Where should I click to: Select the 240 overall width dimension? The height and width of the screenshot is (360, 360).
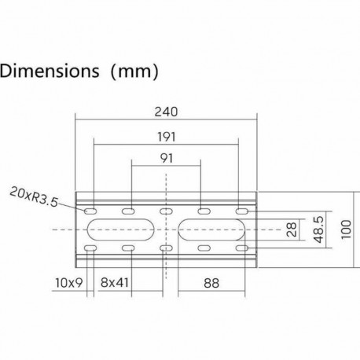166,111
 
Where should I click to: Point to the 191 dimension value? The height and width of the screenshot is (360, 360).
166,135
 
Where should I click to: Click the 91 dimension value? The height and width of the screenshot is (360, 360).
166,158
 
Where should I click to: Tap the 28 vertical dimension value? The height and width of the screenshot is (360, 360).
292,229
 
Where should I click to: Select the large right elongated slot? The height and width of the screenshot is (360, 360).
212,230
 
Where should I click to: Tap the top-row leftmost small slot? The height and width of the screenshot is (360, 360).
90,212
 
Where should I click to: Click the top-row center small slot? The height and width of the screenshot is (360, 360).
166,212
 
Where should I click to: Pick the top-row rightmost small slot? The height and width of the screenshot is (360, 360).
241,212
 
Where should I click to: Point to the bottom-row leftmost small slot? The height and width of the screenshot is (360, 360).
90,248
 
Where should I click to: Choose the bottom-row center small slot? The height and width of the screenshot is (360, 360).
166,248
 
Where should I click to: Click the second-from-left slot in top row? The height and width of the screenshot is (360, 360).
127,212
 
